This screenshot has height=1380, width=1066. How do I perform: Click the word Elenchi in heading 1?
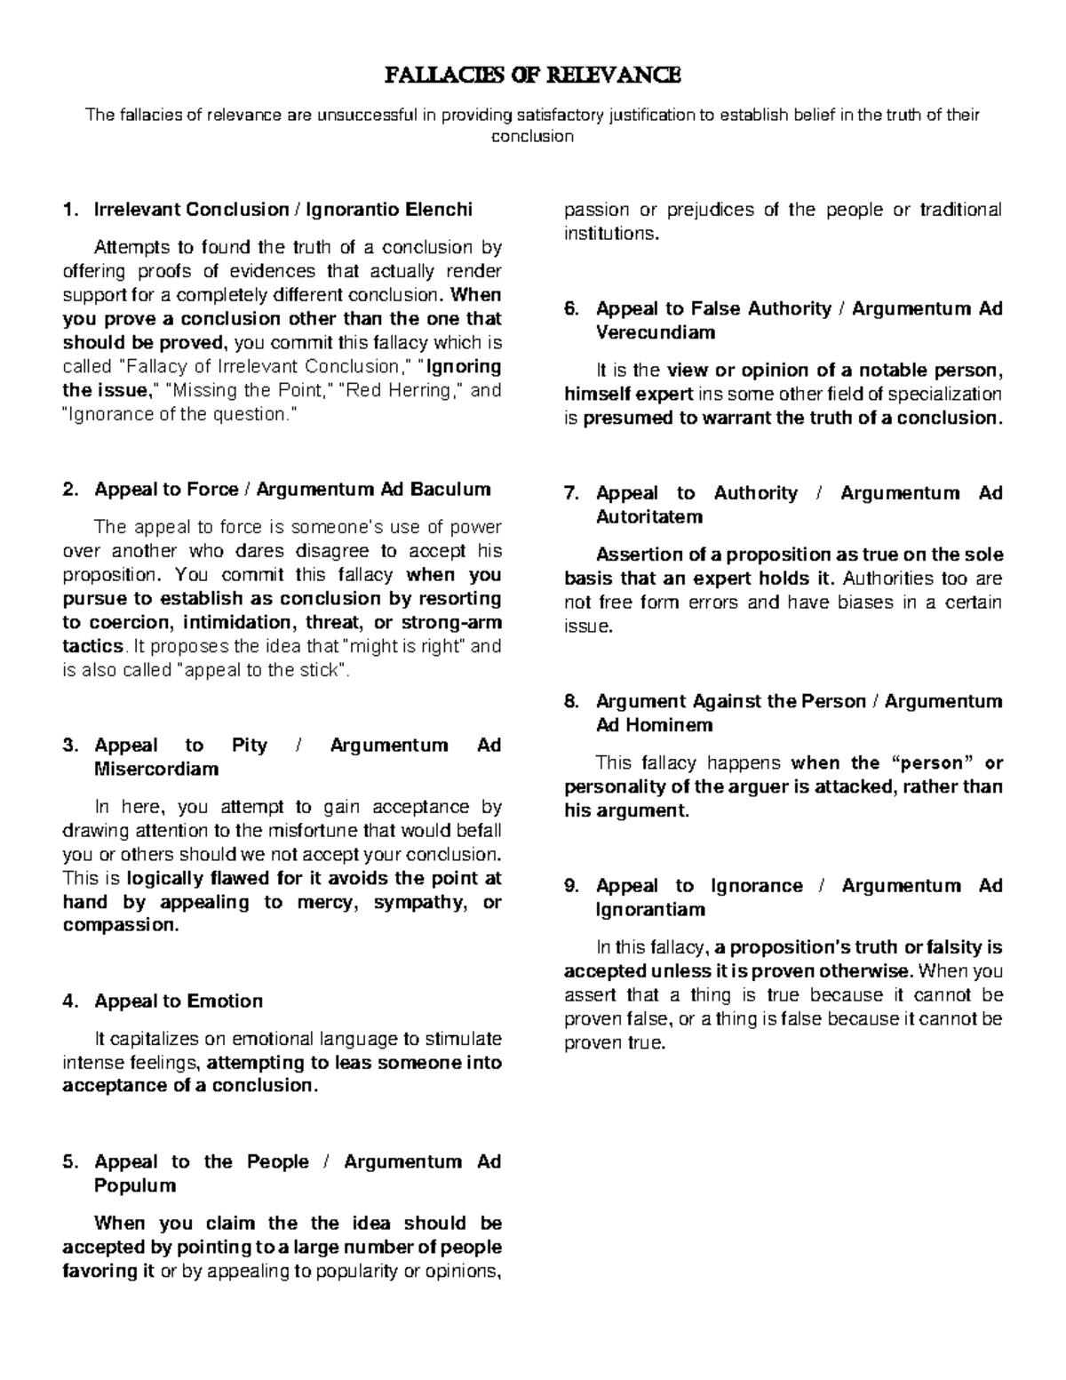tap(439, 210)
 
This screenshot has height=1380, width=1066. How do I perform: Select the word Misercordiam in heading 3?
tap(156, 769)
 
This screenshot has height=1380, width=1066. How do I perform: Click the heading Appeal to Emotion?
tap(179, 1001)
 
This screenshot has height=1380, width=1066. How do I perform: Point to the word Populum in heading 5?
tap(135, 1185)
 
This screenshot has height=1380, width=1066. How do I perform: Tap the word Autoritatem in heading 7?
tap(649, 516)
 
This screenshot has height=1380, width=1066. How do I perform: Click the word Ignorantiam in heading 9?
tap(650, 909)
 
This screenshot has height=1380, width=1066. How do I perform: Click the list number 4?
tap(69, 1001)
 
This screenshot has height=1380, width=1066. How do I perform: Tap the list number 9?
tap(571, 886)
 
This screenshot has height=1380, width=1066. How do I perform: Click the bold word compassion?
tap(119, 925)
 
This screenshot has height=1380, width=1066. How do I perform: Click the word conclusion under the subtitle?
tap(533, 136)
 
